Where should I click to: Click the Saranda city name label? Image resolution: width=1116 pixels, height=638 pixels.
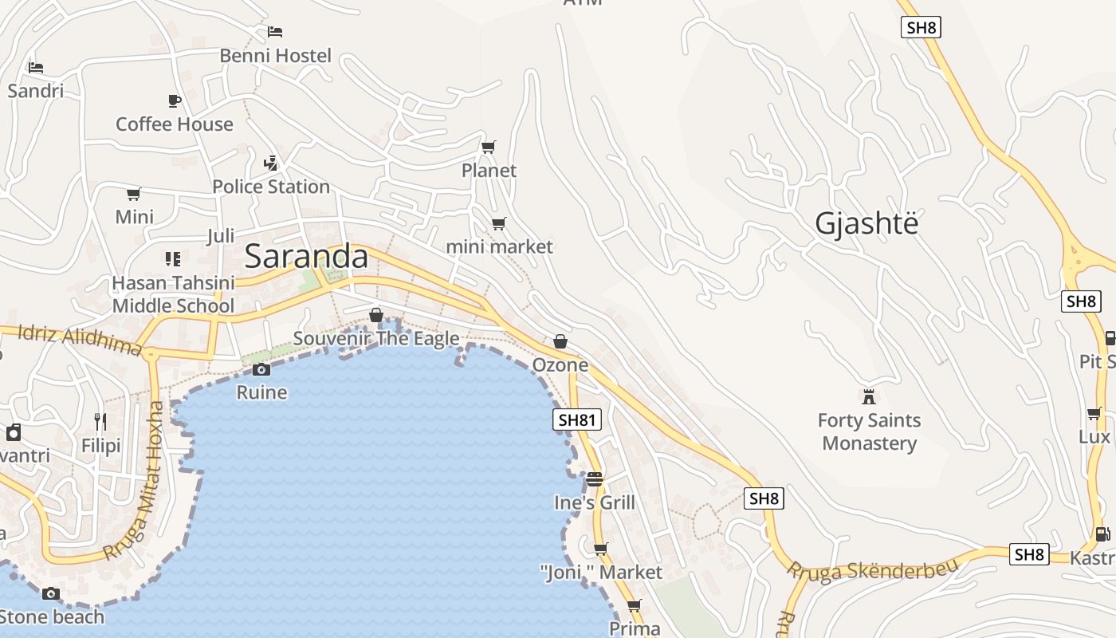point(306,257)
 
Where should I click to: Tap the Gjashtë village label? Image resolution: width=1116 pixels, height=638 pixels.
point(866,224)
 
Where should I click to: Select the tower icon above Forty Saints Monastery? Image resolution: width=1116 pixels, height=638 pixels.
point(869,396)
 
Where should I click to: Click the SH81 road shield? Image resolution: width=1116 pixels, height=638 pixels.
point(577,420)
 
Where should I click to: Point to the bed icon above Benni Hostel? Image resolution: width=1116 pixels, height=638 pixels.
point(275,32)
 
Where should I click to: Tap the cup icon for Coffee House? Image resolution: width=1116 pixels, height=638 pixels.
point(175,100)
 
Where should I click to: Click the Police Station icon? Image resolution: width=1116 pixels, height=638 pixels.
point(271,163)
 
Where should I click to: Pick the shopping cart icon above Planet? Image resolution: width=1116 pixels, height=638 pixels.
point(489,147)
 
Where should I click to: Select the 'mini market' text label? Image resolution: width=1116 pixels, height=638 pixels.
point(499,246)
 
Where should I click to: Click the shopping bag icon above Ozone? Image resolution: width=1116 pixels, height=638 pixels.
point(560,341)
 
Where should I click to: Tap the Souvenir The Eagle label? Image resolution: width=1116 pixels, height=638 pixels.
point(376,338)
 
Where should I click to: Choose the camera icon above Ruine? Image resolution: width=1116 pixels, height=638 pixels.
point(261,369)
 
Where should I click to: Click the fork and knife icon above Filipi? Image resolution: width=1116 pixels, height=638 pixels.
point(100,421)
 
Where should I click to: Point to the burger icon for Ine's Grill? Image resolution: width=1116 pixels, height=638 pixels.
point(595,478)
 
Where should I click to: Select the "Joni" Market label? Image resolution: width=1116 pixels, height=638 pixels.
point(601,573)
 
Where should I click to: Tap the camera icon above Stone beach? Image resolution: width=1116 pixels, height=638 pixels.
point(51,593)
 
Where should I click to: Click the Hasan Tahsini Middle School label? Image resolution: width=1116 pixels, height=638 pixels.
point(173,294)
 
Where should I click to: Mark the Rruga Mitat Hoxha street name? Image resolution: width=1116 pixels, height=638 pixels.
point(133,482)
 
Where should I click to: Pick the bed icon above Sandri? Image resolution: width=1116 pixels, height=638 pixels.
point(35,67)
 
